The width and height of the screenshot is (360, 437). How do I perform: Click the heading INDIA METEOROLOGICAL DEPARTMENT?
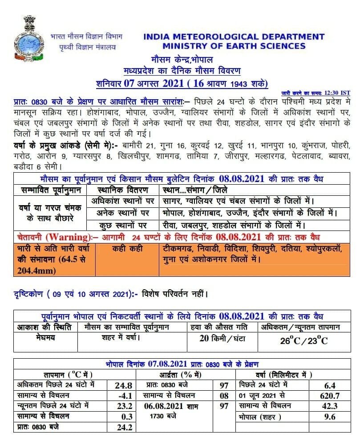click(234, 37)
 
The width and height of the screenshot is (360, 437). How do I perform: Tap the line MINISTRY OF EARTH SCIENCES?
click(234, 46)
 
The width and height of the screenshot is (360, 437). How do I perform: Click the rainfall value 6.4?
click(330, 384)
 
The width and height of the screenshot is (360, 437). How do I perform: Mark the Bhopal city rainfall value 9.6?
click(330, 417)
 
